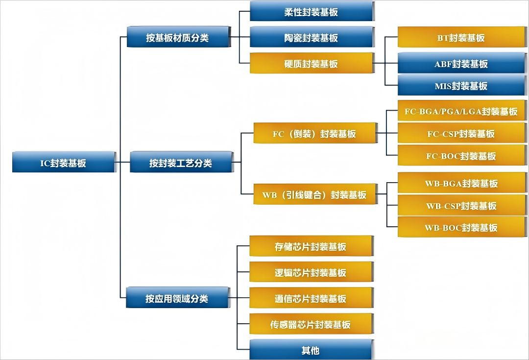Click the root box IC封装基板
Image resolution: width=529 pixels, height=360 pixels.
[63, 162]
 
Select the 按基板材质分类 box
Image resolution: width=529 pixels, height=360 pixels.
[178, 38]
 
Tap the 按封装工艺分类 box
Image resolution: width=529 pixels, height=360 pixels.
[180, 163]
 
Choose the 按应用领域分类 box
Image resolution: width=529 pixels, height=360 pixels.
[177, 298]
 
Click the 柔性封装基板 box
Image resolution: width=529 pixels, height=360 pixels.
[312, 12]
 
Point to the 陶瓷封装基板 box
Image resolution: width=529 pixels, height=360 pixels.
[312, 38]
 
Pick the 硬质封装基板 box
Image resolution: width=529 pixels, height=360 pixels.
[312, 64]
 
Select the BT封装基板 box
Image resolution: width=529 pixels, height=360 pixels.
[461, 38]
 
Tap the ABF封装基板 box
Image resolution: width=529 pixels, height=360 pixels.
[461, 64]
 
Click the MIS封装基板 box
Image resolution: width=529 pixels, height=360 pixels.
[461, 86]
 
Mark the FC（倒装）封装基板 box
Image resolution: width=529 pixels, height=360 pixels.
[314, 133]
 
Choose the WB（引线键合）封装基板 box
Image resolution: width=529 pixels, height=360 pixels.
[314, 194]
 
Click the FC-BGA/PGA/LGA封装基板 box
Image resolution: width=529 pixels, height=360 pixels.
[461, 111]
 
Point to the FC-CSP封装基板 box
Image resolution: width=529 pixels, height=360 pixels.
[461, 133]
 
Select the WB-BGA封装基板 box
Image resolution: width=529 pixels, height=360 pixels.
[461, 183]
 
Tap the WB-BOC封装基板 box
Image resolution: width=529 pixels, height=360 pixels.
[461, 227]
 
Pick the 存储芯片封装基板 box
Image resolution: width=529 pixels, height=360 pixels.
[311, 246]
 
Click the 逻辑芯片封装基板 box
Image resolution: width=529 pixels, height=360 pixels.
[311, 272]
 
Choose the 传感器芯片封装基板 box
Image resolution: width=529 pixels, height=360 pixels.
[311, 324]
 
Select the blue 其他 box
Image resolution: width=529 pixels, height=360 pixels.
[311, 350]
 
